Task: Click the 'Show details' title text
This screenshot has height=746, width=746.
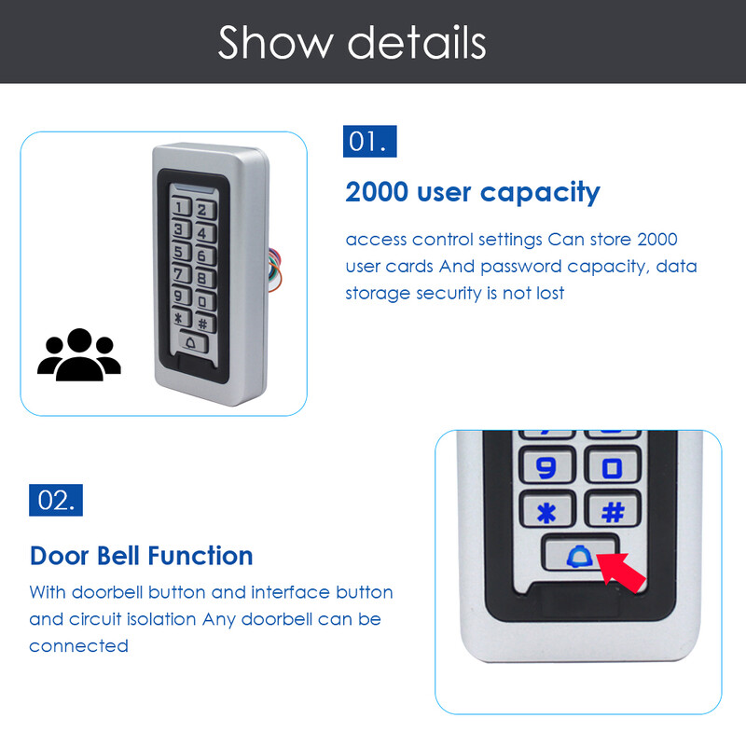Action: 352,43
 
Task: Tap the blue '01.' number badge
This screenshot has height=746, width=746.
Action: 369,142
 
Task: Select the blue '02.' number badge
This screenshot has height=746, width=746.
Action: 56,500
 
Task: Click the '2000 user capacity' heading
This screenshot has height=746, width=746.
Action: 473,193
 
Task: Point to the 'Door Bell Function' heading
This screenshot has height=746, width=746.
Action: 141,556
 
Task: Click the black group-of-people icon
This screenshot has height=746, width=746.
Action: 79,355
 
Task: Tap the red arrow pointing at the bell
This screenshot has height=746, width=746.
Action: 621,572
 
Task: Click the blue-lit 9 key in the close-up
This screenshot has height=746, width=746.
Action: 547,467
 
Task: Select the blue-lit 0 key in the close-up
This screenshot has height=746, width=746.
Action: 613,467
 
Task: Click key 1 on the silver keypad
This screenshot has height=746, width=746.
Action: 180,207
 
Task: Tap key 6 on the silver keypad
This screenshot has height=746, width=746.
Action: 204,256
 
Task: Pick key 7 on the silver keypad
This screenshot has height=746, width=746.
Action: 180,274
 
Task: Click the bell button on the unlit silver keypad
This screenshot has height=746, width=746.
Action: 193,342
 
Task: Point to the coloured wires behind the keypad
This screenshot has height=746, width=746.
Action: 274,269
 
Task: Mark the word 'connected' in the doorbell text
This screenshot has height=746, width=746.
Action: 79,646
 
